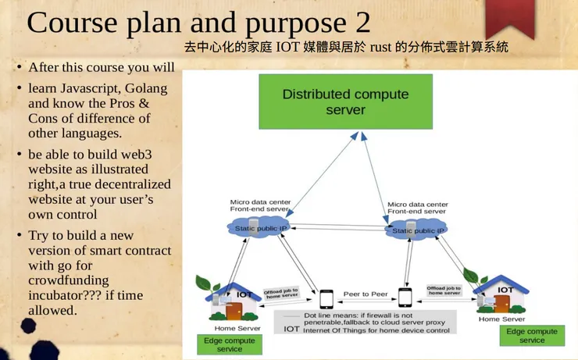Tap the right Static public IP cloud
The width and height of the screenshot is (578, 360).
(417, 230)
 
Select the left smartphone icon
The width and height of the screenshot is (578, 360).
(326, 298)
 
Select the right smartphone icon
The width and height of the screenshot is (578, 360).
(405, 298)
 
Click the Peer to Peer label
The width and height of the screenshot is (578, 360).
(365, 294)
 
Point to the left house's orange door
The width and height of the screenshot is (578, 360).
(234, 310)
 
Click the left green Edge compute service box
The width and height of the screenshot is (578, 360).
(230, 344)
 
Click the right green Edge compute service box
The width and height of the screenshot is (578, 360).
(532, 336)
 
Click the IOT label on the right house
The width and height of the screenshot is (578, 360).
(506, 290)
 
